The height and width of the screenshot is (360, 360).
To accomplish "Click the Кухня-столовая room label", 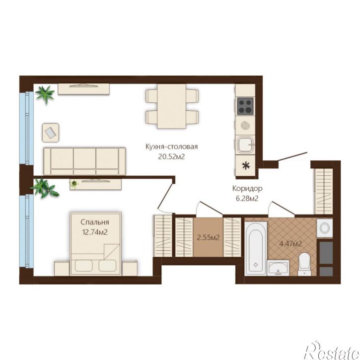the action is tap(171, 146).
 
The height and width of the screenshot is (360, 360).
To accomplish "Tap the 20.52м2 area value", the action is tap(171, 157).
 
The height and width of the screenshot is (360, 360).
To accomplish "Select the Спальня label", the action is tap(95, 222).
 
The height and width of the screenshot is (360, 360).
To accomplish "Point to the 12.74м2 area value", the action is tap(95, 232).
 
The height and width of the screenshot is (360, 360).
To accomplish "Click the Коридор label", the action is tap(247, 189).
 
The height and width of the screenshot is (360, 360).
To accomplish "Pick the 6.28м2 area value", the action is tap(247, 198).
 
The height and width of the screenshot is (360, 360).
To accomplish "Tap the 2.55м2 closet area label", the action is tap(208, 237).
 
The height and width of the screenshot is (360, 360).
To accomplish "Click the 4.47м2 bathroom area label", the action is tap(290, 244).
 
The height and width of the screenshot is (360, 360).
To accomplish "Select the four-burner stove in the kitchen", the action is tap(245, 106).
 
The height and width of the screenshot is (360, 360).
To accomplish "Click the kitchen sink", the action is tap(245, 144).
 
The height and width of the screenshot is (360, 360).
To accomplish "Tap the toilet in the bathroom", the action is tap(304, 264).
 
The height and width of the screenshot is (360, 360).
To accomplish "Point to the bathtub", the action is tap(256, 248).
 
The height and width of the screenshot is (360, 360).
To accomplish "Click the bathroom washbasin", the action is tap(278, 268).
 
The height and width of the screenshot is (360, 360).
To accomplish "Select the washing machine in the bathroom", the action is tap(325, 228).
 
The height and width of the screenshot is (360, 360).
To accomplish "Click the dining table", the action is tap(171, 106).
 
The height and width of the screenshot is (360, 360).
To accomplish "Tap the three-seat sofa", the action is tap(85, 161).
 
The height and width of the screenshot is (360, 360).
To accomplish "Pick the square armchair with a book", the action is tap(51, 133).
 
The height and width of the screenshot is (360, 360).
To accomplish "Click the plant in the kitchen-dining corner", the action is tap(45, 93).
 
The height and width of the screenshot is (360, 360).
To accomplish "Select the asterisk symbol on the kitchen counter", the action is tap(246, 165).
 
